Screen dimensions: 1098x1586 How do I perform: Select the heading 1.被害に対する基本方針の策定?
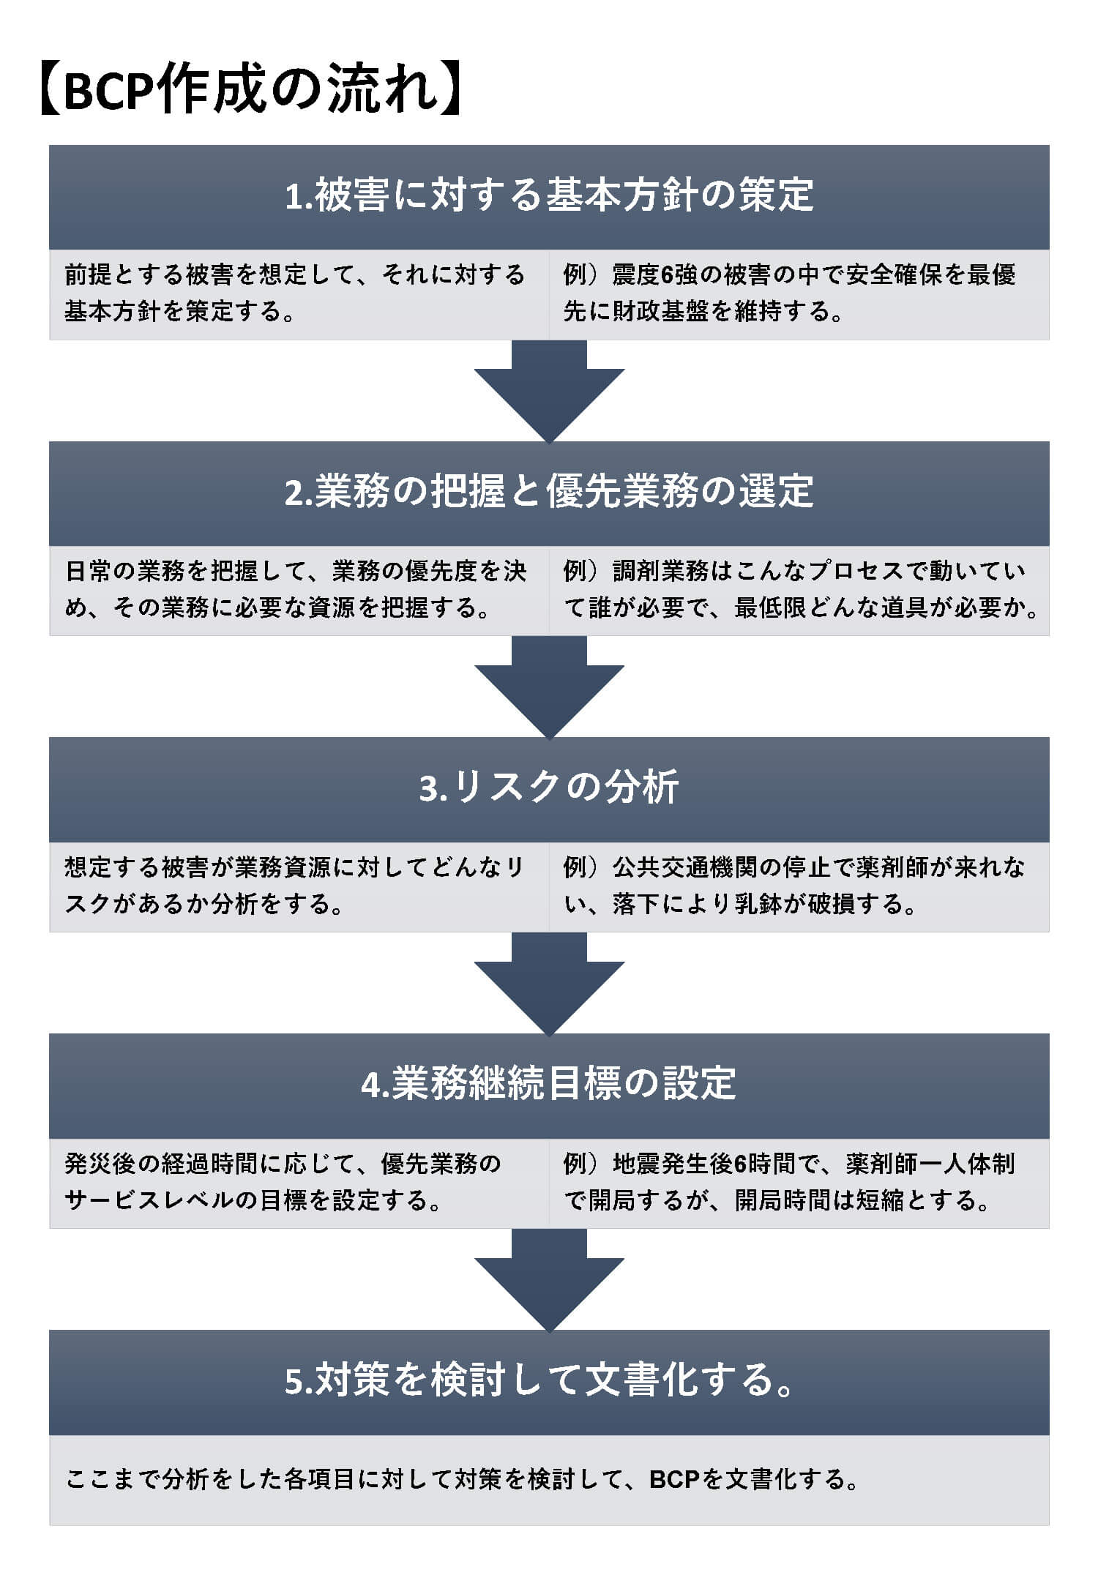click(549, 195)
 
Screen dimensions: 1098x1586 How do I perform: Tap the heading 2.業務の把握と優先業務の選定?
click(549, 491)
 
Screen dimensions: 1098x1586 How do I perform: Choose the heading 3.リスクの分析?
click(549, 788)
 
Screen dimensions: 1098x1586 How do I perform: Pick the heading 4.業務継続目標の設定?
click(549, 1083)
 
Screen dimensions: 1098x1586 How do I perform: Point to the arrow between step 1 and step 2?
click(549, 392)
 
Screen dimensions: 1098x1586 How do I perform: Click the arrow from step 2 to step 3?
click(549, 688)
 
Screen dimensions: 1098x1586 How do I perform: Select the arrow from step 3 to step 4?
click(549, 984)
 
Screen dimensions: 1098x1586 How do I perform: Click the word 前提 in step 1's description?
click(89, 275)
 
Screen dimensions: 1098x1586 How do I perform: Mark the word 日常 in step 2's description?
click(89, 571)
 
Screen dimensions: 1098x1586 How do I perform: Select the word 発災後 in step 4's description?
click(101, 1164)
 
